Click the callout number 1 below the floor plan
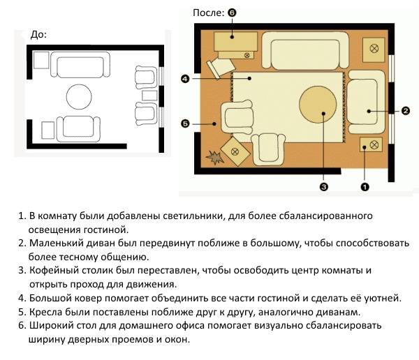pos(365,187)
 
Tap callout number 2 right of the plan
pos(406,110)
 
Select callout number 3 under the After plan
pos(323,187)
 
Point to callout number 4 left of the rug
pos(185,79)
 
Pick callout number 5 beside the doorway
pos(185,123)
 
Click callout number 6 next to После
pos(232,13)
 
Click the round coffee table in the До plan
pos(79,97)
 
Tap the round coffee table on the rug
pos(318,105)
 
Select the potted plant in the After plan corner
pos(214,157)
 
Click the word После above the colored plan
pos(208,13)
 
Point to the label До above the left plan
pos(38,34)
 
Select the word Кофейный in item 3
pos(50,270)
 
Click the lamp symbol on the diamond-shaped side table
pos(235,151)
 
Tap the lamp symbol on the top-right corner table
pos(374,48)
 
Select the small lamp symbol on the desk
pos(247,55)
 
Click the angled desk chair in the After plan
pos(220,68)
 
